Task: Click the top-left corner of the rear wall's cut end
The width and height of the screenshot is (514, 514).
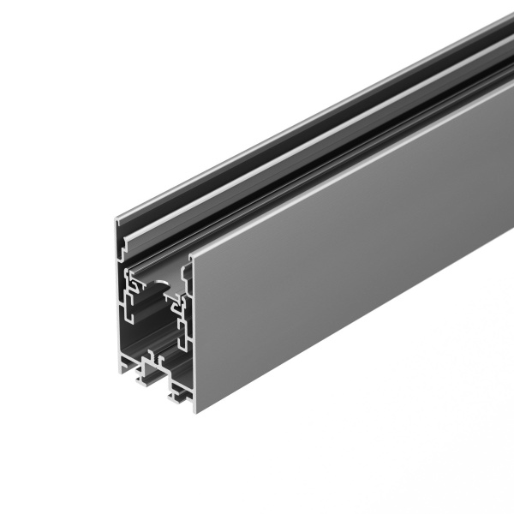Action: [x=117, y=219]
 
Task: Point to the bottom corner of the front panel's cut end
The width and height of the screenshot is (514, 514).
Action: [x=196, y=411]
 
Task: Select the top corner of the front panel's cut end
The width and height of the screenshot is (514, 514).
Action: [x=191, y=257]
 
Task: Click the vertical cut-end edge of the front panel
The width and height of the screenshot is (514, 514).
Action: [x=194, y=334]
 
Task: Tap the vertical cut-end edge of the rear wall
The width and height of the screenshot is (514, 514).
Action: [x=119, y=291]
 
